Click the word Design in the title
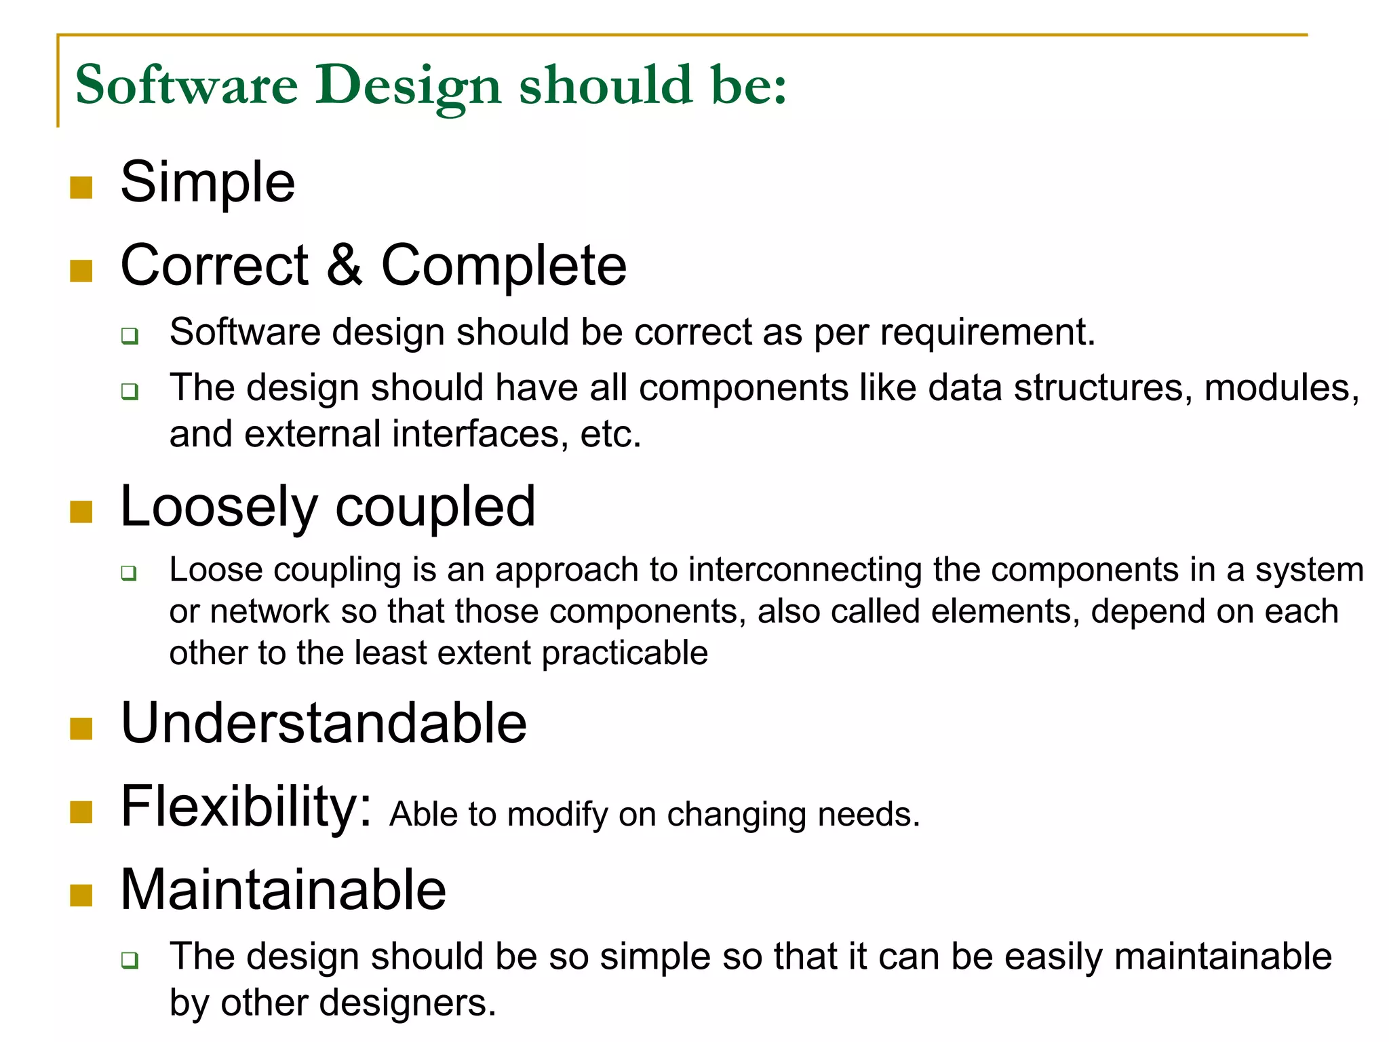(407, 86)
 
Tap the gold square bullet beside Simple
(81, 187)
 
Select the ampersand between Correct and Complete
(345, 265)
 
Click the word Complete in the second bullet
(503, 266)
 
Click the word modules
(1280, 389)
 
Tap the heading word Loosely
(218, 507)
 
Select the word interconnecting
(805, 569)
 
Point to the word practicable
(625, 653)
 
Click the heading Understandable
(324, 723)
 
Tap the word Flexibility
(246, 807)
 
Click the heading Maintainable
(283, 889)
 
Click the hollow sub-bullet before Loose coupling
(129, 573)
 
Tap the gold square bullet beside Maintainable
(81, 895)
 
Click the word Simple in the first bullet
(208, 182)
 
